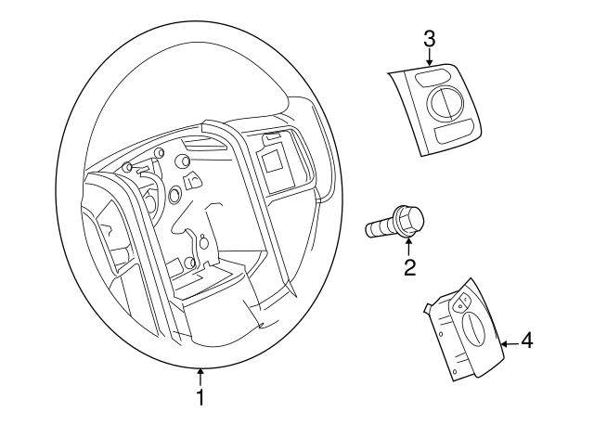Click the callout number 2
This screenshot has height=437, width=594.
(x=408, y=269)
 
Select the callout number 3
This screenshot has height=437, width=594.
(x=429, y=39)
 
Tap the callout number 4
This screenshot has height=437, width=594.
(x=526, y=341)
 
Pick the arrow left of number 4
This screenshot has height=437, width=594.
(x=508, y=343)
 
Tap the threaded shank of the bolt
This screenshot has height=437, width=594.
(x=380, y=228)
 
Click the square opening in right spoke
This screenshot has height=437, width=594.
(x=275, y=163)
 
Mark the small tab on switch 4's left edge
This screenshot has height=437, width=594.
(x=427, y=307)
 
